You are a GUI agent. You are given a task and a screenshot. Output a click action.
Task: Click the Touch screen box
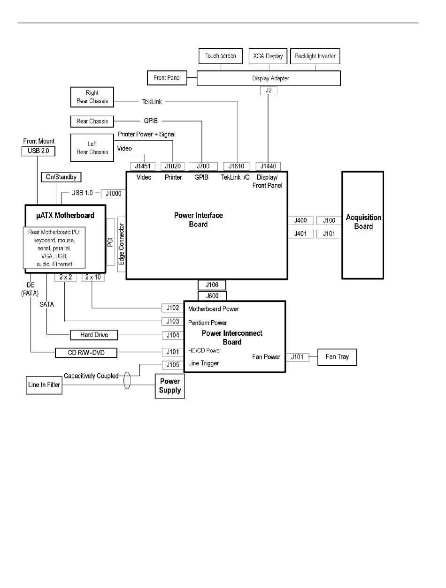(x=221, y=56)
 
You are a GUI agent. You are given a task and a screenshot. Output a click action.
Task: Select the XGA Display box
(x=268, y=56)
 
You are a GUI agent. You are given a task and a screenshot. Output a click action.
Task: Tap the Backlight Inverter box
(x=315, y=56)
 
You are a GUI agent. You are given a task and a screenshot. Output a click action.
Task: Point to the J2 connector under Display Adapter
(x=268, y=90)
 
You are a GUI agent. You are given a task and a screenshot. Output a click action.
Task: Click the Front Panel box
(x=167, y=77)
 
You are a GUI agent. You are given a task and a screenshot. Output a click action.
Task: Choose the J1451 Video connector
(x=143, y=166)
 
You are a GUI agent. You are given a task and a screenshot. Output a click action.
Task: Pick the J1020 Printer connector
(x=173, y=166)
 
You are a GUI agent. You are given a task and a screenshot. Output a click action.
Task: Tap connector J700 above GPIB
(x=203, y=166)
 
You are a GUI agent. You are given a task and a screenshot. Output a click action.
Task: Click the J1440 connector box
(x=268, y=166)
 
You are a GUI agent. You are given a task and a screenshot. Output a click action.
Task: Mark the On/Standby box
(x=61, y=177)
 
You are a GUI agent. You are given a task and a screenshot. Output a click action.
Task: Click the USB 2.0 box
(x=38, y=151)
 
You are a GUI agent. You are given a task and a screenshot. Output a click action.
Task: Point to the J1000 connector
(x=113, y=193)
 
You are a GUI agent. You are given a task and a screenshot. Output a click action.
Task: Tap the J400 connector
(x=300, y=220)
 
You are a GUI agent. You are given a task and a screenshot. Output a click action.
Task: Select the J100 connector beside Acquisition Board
(x=329, y=220)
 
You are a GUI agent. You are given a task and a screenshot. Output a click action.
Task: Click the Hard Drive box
(x=94, y=335)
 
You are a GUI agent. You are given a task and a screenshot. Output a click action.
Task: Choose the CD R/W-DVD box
(x=85, y=352)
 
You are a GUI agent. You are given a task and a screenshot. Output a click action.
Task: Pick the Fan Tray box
(x=337, y=357)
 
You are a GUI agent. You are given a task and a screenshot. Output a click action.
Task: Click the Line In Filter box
(x=43, y=385)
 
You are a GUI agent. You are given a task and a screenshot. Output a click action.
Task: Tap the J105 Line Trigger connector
(x=172, y=365)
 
